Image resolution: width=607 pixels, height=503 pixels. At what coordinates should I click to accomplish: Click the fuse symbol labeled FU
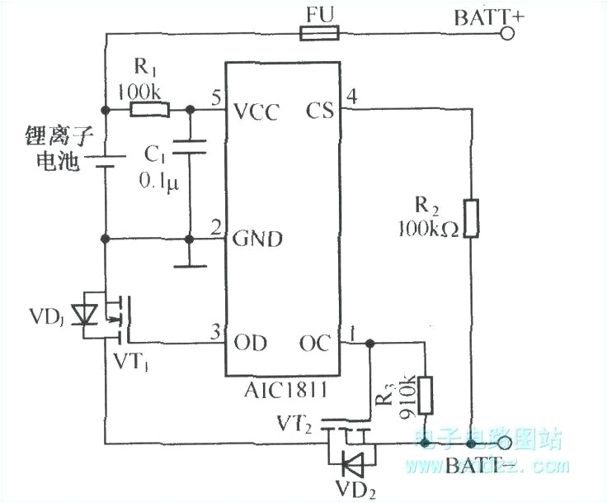click(318, 34)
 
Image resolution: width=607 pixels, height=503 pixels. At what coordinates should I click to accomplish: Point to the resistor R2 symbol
click(470, 217)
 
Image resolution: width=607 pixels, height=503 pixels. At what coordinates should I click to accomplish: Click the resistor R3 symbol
click(425, 395)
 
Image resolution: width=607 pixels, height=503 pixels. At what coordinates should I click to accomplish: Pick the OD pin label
click(250, 342)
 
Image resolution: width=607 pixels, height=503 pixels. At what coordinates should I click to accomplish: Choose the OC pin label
click(317, 342)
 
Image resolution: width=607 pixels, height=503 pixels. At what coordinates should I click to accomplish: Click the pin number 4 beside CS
click(351, 97)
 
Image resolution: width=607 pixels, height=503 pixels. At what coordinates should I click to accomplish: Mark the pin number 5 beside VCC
click(216, 97)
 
